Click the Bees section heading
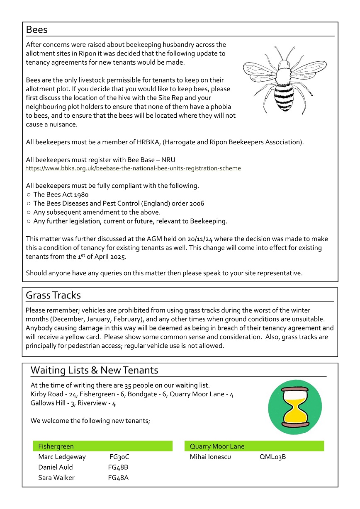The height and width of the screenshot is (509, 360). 36,30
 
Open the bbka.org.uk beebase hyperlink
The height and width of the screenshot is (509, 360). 133,169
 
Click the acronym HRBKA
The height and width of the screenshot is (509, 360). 148,142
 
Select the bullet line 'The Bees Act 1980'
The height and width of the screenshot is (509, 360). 61,194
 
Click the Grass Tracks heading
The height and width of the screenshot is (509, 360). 53,296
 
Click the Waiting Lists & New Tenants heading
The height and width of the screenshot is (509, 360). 94,370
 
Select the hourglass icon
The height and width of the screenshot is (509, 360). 294,408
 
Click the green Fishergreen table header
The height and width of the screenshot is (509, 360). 102,446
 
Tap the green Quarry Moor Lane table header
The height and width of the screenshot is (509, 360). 254,446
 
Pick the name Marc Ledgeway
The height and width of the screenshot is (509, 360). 62,457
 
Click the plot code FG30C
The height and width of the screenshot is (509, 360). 119,457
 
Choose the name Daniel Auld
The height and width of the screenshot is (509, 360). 56,468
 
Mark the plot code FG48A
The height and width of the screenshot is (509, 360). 118,478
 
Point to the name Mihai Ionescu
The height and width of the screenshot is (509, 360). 210,457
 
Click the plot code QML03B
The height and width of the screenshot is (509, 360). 272,457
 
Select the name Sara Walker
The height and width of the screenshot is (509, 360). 56,478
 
